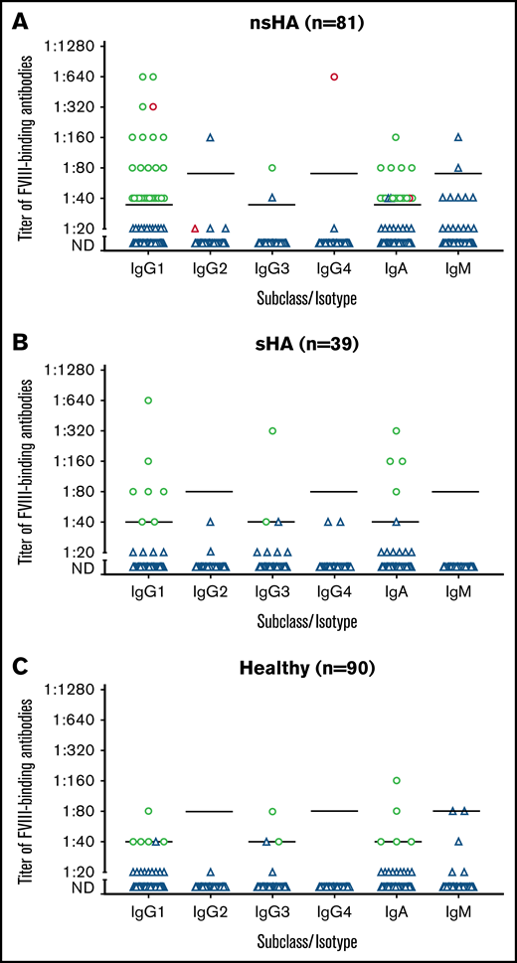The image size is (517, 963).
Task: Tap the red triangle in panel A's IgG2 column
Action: pyautogui.click(x=195, y=229)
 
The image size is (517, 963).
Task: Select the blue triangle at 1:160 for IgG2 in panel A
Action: pyautogui.click(x=210, y=137)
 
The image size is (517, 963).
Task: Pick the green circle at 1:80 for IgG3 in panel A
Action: pyautogui.click(x=271, y=168)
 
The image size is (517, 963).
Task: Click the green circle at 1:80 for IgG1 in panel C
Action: pyautogui.click(x=148, y=811)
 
